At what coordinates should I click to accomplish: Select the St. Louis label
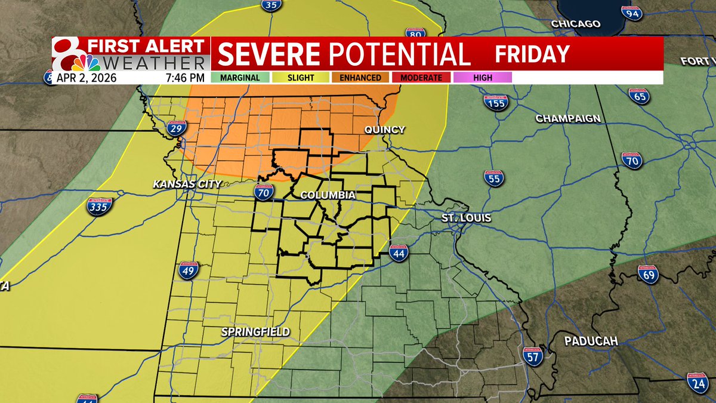[x=467, y=218]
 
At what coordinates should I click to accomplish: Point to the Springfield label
[x=255, y=331]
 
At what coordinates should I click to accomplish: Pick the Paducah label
[x=591, y=342]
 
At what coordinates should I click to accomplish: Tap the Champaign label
[x=567, y=118]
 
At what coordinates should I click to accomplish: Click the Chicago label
[x=575, y=24]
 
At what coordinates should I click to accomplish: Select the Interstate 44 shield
[x=399, y=254]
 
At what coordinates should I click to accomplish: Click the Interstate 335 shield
[x=99, y=207]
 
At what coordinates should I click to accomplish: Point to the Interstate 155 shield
[x=495, y=101]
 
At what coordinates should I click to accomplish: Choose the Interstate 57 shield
[x=532, y=356]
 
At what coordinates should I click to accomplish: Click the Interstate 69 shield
[x=647, y=274]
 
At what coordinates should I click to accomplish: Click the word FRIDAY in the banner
[x=532, y=54]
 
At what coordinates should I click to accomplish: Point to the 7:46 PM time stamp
[x=186, y=78]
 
